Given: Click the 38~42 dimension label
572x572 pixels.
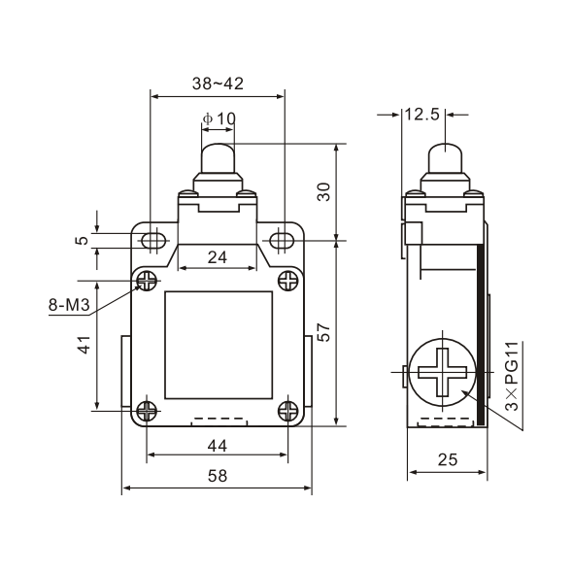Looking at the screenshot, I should (218, 84).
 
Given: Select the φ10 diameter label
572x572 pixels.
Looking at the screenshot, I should (219, 119).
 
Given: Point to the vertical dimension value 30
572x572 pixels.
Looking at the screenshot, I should (325, 191).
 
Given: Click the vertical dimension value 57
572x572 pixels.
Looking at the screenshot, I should (325, 331).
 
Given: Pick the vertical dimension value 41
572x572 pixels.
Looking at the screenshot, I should (84, 345).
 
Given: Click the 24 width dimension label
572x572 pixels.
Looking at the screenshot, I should (218, 257).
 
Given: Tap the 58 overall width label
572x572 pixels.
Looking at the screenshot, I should (218, 476).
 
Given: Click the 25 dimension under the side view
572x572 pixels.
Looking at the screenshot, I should (447, 460).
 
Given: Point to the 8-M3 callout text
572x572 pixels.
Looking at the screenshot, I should (69, 306).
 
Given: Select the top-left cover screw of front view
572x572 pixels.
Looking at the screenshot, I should (148, 281).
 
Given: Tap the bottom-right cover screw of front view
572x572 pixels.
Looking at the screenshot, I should (287, 410).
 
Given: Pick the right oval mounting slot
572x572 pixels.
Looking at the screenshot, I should (283, 240).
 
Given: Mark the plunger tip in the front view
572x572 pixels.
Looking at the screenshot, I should (219, 155).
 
